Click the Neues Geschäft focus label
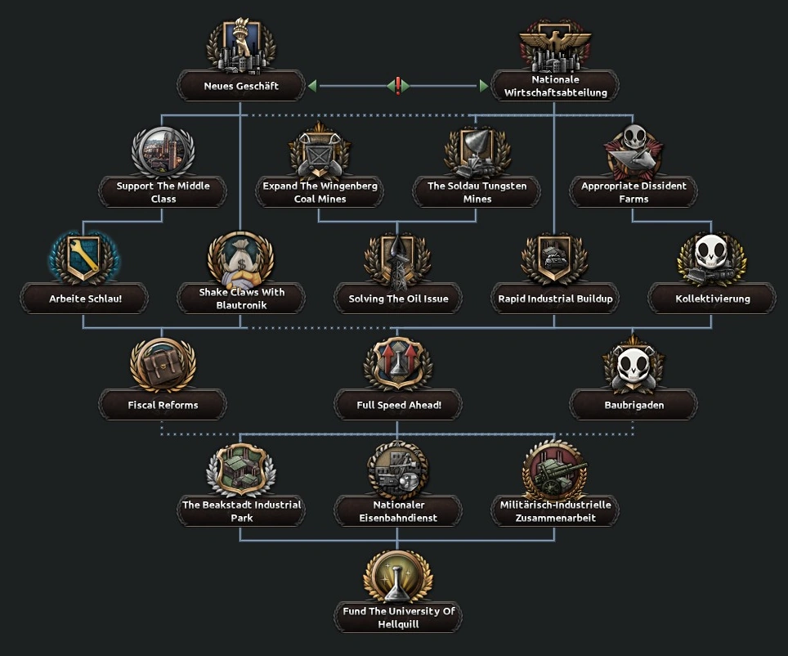pos(241,86)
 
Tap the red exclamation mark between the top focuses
pos(398,86)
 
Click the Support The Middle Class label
pos(163,192)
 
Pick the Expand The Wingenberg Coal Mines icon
pos(320,151)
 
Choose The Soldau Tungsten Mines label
pos(477,192)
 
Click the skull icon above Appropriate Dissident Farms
pos(634,150)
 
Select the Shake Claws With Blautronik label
pos(241,299)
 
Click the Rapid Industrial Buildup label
pos(555,299)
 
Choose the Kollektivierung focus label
pos(712,299)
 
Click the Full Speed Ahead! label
pos(398,405)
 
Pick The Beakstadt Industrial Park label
pos(241,511)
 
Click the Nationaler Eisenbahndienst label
pos(398,511)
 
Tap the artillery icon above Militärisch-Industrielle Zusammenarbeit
pos(555,470)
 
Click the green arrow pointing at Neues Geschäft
pos(311,86)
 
